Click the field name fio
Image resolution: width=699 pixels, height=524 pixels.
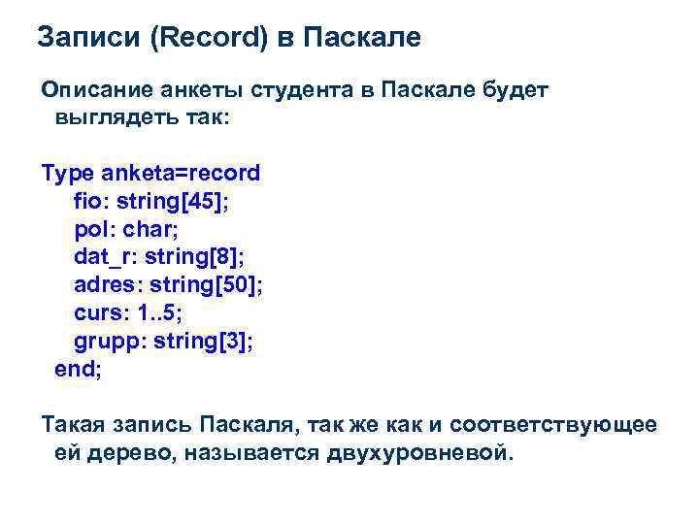pos(88,202)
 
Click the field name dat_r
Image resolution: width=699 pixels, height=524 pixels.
pos(99,258)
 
